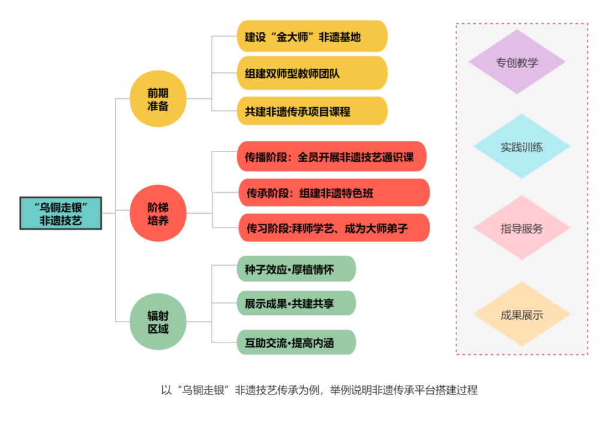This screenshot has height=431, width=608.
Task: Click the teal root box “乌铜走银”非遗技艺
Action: (x=61, y=213)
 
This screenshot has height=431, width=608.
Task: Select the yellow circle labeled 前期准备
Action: (x=158, y=99)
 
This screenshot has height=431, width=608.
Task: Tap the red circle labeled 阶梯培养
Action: (x=158, y=214)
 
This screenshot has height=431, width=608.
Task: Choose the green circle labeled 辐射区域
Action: (x=158, y=323)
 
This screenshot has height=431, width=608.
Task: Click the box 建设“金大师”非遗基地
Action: (x=311, y=37)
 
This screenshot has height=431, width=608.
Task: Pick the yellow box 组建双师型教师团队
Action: (x=311, y=74)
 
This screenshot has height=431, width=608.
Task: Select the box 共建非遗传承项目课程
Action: (x=311, y=111)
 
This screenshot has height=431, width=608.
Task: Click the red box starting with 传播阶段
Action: (x=331, y=157)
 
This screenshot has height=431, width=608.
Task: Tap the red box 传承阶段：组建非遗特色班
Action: (x=334, y=193)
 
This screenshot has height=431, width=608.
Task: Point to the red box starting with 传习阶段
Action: (x=334, y=227)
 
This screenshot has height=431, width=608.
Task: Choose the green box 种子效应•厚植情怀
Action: (x=296, y=269)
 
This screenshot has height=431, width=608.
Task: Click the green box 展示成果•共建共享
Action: (x=296, y=303)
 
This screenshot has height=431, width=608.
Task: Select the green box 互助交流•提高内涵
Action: (x=296, y=342)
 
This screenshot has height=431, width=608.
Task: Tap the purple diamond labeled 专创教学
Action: (x=516, y=62)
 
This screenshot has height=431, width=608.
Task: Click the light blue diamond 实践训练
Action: (x=521, y=147)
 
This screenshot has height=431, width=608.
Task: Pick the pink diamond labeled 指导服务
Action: (x=521, y=228)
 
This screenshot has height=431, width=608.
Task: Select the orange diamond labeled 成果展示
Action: (x=521, y=315)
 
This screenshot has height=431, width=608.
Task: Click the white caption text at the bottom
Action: (x=319, y=390)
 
